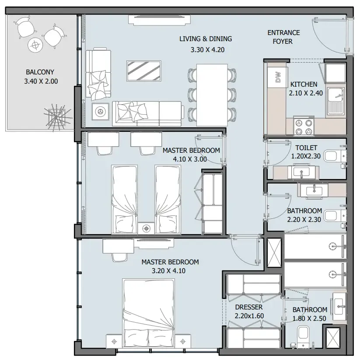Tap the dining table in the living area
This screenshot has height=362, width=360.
click(212, 92)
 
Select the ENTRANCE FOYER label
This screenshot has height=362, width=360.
click(283, 37)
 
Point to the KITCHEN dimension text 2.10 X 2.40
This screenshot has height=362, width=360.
click(306, 93)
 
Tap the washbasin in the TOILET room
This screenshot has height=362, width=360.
click(301, 172)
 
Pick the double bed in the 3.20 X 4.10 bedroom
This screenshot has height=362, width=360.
click(149, 312)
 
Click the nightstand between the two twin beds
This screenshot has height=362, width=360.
click(146, 228)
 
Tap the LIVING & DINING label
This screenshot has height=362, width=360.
click(206, 39)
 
